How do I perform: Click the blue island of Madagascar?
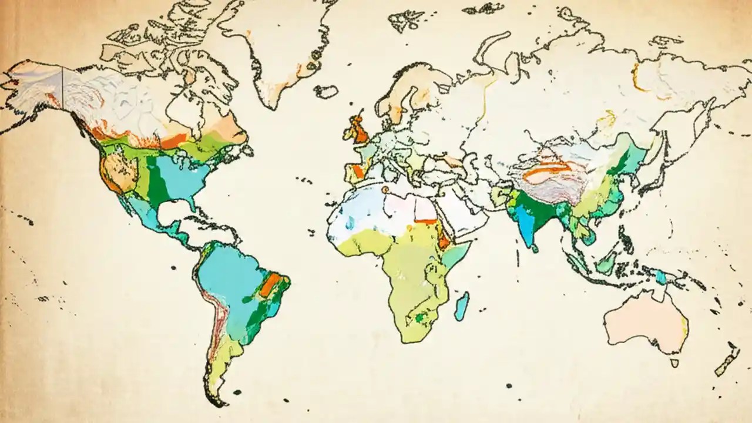462,306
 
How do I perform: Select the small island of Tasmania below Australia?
674,363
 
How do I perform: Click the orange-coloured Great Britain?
358,130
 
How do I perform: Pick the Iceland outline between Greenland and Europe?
326,91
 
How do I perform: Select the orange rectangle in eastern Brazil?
272,284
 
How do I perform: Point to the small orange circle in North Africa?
385,190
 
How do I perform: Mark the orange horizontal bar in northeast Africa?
427,221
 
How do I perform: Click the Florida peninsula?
193,204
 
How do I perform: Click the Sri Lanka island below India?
535,249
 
